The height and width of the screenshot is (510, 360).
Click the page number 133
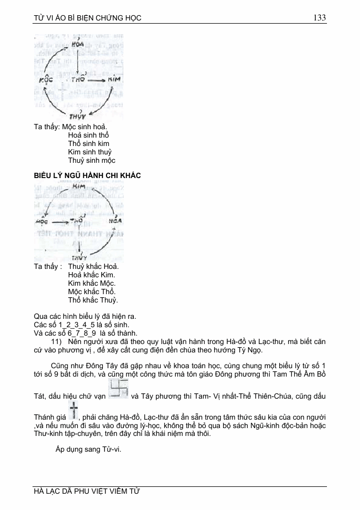[x=320, y=18]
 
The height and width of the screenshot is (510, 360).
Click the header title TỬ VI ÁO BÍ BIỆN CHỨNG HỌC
[x=87, y=18]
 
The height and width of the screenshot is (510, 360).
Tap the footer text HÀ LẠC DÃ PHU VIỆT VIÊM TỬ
[x=87, y=492]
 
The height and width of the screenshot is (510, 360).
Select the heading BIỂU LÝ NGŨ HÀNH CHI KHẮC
[x=87, y=175]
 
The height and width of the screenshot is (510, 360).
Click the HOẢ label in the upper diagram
[x=78, y=46]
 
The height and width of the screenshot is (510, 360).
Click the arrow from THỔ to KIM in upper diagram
[x=97, y=81]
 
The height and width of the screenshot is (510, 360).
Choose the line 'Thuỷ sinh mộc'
[x=92, y=160]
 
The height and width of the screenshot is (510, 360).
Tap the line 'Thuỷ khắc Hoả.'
[x=93, y=266]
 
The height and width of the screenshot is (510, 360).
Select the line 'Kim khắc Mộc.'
[x=92, y=283]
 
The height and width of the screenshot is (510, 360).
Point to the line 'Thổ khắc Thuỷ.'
[x=93, y=300]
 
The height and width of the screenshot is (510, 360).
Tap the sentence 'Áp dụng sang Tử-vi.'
[x=88, y=449]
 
